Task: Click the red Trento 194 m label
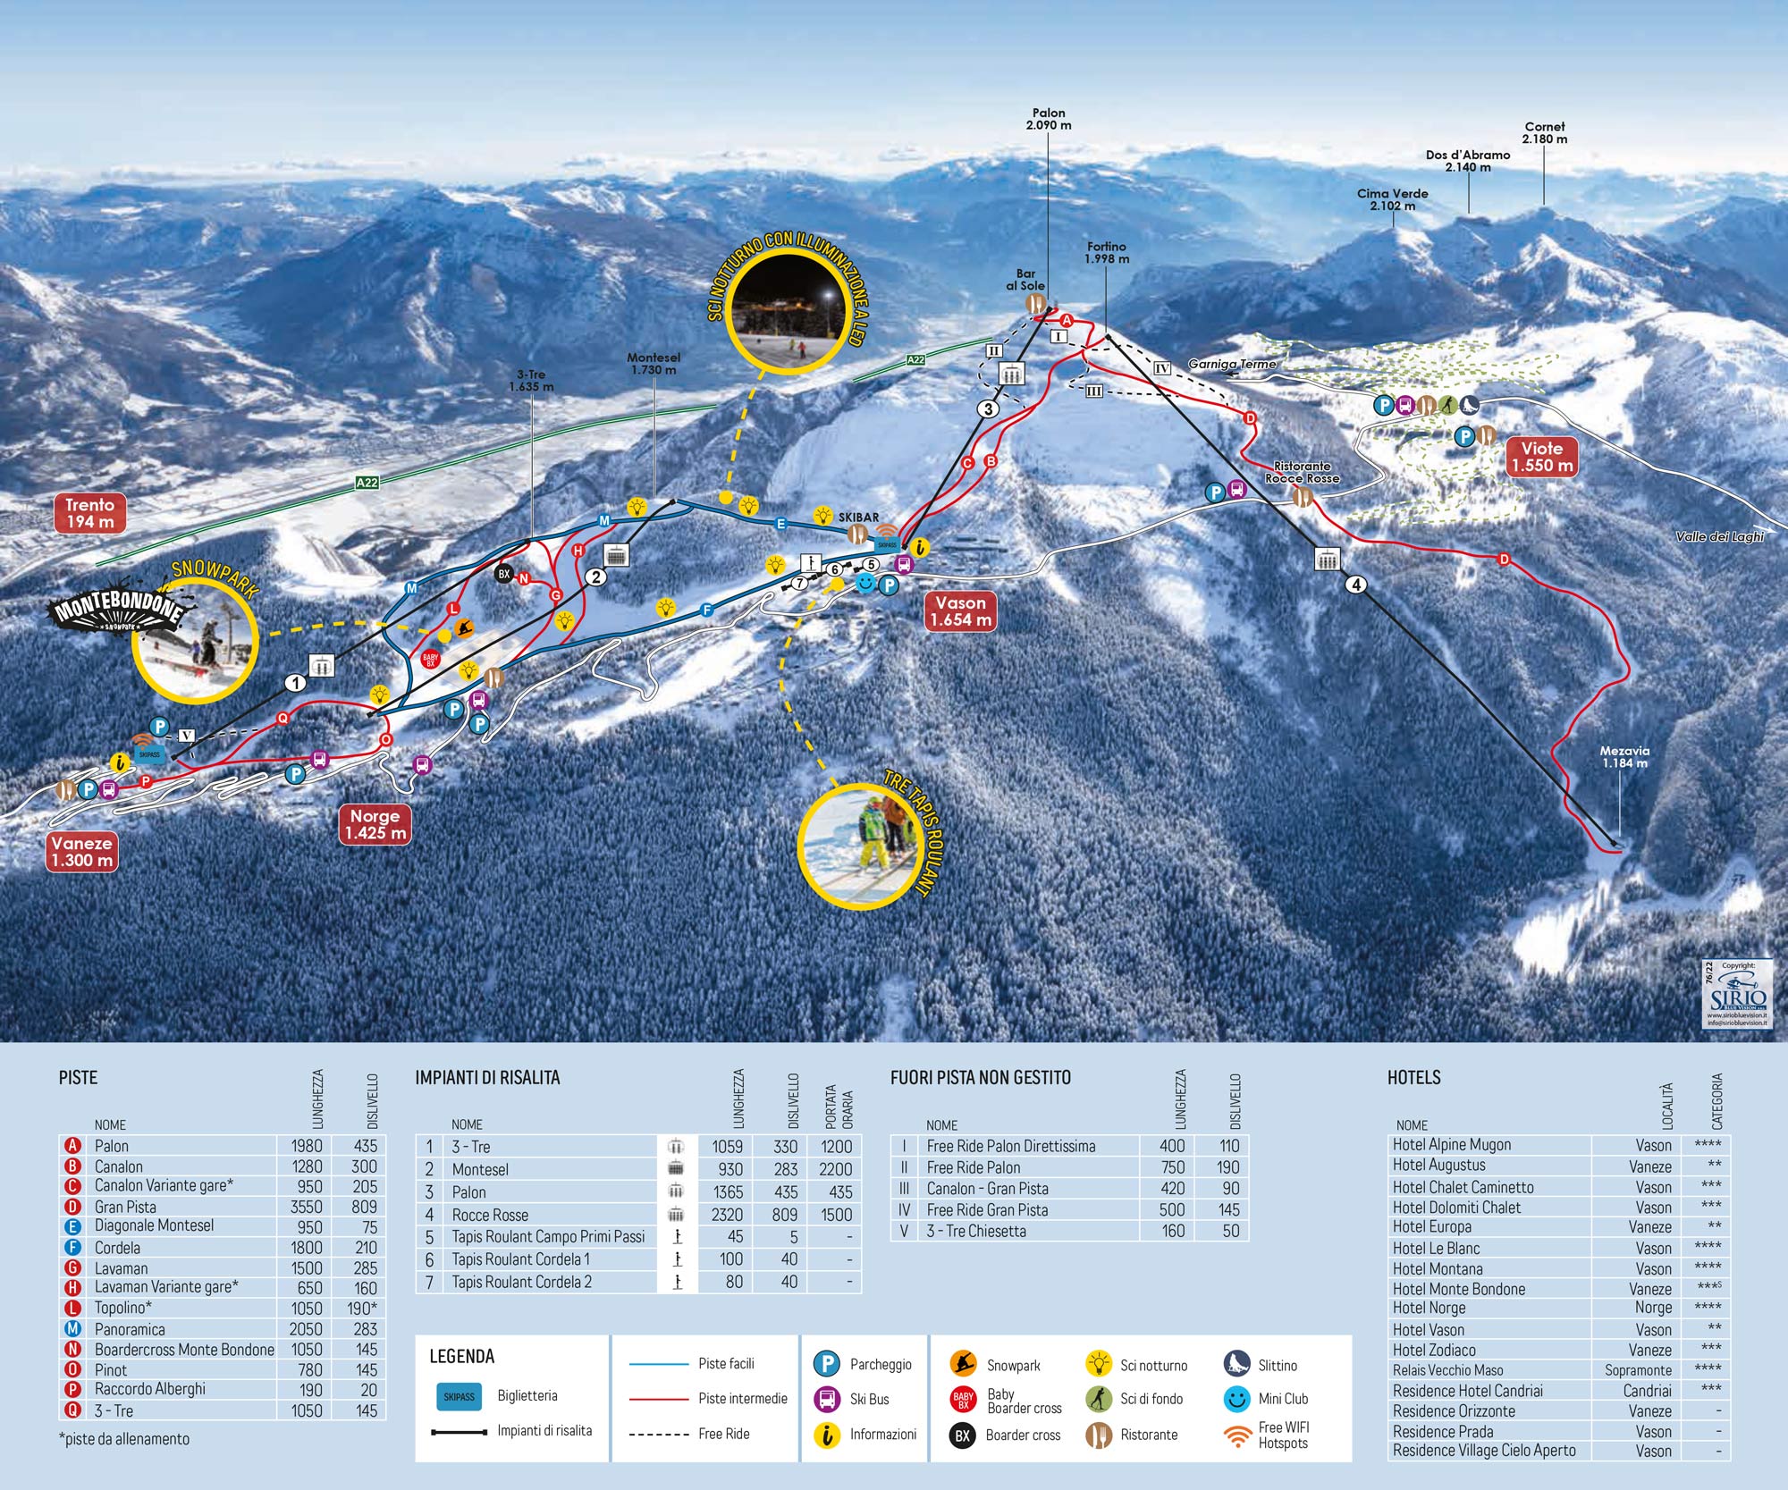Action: (x=90, y=512)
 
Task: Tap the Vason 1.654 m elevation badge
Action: (x=960, y=611)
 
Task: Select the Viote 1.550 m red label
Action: (x=1542, y=457)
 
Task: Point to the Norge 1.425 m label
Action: (x=375, y=824)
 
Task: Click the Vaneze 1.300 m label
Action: (x=82, y=851)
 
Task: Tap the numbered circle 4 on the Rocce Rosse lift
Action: (x=1356, y=585)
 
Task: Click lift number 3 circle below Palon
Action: (x=987, y=409)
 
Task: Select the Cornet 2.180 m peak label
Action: (x=1544, y=132)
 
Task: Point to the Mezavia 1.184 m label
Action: (x=1624, y=757)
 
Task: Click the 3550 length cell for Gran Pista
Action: (x=306, y=1207)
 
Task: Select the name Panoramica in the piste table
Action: (x=130, y=1329)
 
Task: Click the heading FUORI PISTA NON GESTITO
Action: (x=980, y=1077)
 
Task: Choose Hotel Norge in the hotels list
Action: (x=1429, y=1308)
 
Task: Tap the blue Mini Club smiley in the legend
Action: (x=1236, y=1399)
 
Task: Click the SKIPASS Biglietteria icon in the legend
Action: (x=459, y=1396)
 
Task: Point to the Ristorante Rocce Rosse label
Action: (x=1302, y=472)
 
